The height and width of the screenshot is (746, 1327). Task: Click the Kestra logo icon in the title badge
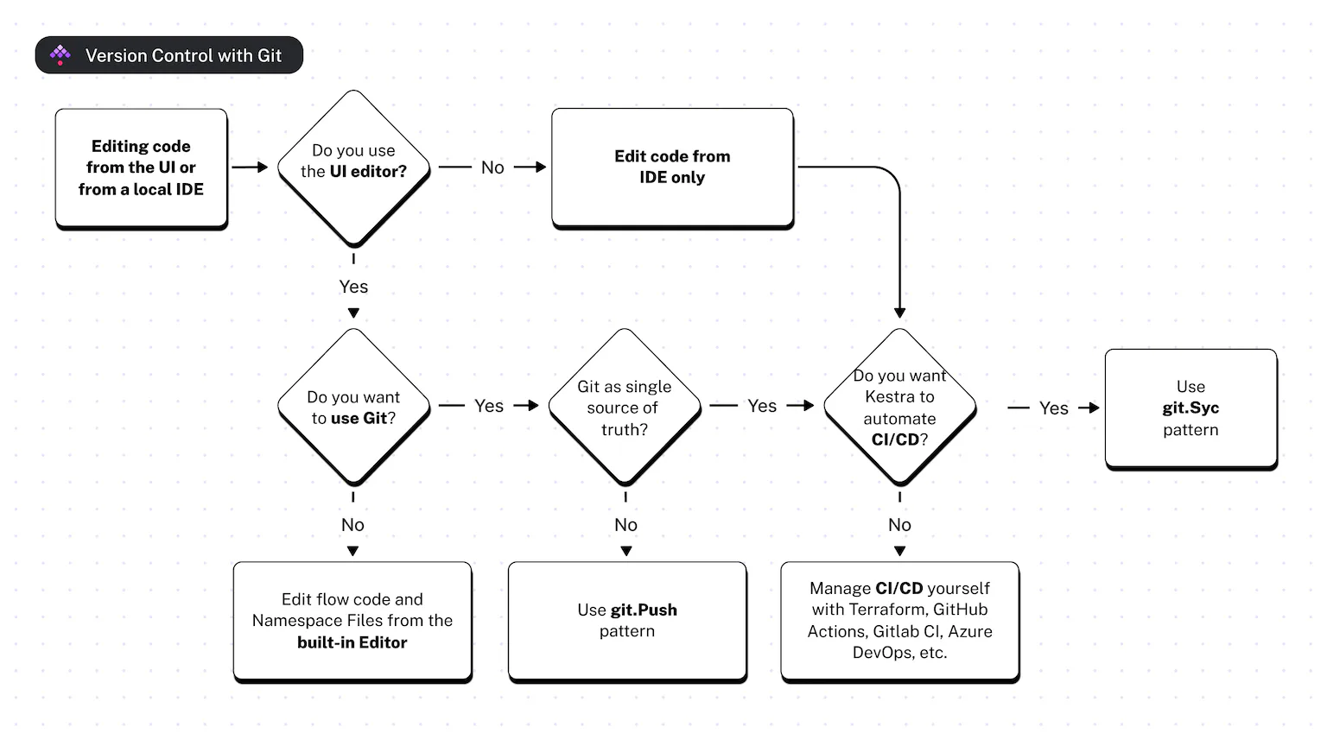[x=60, y=55]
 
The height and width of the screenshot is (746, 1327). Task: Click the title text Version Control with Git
[x=183, y=56]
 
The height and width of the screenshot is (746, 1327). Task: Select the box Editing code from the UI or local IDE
[x=141, y=168]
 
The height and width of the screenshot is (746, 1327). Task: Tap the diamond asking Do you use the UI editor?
[x=353, y=167]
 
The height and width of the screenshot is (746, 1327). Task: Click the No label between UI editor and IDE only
[x=492, y=168]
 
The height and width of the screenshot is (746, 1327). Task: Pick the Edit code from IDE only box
[x=672, y=167]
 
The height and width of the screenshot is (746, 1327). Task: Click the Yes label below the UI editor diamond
[x=353, y=287]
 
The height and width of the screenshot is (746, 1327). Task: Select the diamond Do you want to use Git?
[x=353, y=407]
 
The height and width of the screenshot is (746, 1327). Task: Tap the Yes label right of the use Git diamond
[x=489, y=406]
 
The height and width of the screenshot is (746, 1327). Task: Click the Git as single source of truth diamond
[x=625, y=407]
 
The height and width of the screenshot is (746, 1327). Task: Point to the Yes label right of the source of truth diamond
[x=762, y=406]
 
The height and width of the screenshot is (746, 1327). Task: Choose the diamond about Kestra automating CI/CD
[x=899, y=407]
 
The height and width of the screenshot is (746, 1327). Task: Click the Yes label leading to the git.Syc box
[x=1054, y=408]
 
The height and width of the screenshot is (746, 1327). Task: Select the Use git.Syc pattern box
[x=1190, y=408]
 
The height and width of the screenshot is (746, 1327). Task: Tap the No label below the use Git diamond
[x=352, y=525]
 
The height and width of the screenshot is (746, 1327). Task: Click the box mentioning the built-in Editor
[x=352, y=621]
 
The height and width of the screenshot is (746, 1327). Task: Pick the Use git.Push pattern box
[x=627, y=621]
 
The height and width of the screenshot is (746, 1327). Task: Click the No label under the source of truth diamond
[x=625, y=525]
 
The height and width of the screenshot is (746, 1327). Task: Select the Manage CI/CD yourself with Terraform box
[x=899, y=621]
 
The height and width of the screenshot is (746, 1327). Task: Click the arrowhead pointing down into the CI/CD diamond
[x=899, y=313]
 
